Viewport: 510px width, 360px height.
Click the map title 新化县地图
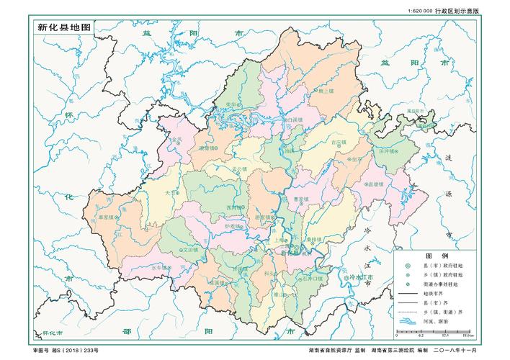[66, 27]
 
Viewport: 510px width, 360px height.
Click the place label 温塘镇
[376, 184]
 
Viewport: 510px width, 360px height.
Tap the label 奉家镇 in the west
[107, 215]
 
